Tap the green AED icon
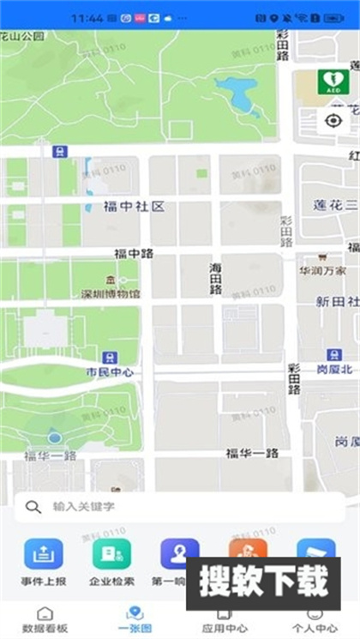tap(333, 82)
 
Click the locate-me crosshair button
tap(333, 120)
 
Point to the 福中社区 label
tap(134, 207)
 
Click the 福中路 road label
tap(134, 254)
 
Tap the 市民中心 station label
tap(109, 372)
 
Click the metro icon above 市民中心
tap(109, 357)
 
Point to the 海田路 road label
tap(215, 279)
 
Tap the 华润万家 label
tap(322, 271)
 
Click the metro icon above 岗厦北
tap(333, 355)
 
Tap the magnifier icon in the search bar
tap(33, 507)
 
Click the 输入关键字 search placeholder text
tap(84, 507)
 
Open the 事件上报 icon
tap(43, 555)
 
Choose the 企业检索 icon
tap(111, 555)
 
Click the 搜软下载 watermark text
tap(264, 582)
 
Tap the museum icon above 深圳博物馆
tap(110, 280)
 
